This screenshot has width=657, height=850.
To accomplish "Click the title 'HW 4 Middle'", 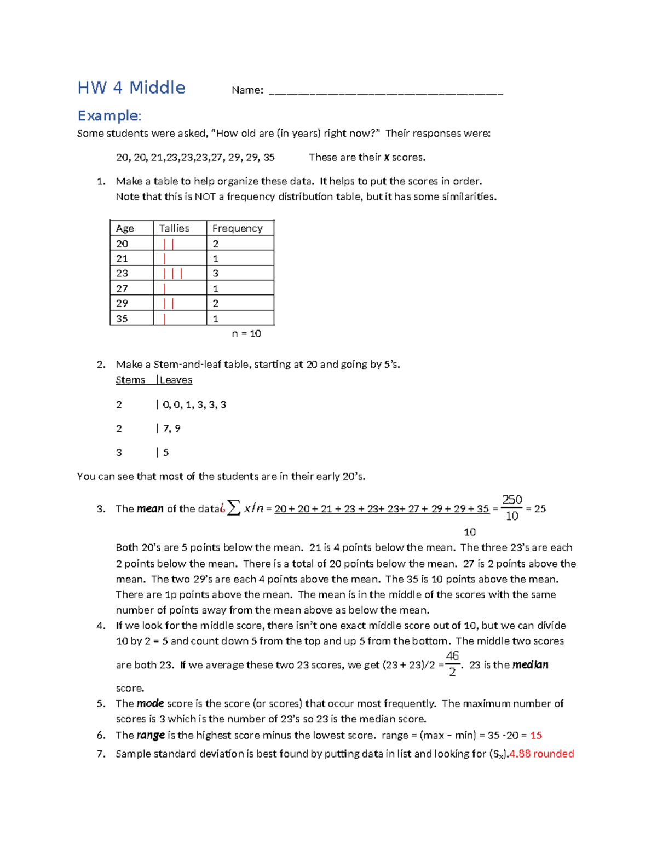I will coord(131,88).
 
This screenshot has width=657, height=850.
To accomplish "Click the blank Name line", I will coord(385,92).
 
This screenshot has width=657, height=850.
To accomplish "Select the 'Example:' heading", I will coord(109,116).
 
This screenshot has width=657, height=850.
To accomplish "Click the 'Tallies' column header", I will coord(174,228).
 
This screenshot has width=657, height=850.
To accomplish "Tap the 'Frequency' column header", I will coord(237,228).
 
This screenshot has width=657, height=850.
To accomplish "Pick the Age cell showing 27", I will coord(122,288).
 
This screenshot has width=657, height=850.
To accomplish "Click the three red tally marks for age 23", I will coord(172,274).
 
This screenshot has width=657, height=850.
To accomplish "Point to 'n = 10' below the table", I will coord(246,334).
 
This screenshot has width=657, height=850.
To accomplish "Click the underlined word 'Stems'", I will coord(130,380).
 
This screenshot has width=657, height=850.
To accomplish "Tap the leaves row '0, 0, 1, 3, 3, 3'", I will coord(194,405).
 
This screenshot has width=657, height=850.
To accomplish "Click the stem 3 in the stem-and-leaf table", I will coord(119,453).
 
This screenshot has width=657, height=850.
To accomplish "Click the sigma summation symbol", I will coord(234,508).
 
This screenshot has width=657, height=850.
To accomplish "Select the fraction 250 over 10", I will coord(512,508).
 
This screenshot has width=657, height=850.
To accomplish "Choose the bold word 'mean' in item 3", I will coord(150,509).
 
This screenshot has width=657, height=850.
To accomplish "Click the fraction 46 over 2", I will coord(452,664).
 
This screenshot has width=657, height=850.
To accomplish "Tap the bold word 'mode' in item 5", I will coord(150,704).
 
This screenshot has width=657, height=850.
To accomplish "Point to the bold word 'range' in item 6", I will coord(151,736).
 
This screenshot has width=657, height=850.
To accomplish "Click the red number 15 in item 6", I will coord(536,736).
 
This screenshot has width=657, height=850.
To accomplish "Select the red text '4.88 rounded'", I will coord(541,754).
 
